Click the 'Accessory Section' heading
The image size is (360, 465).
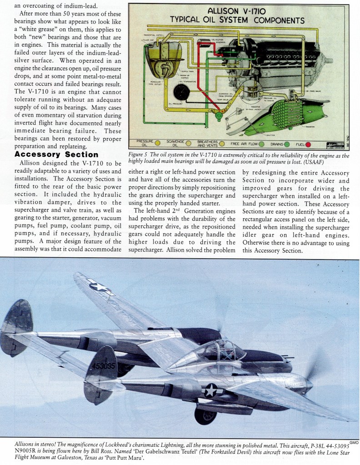point(56,155)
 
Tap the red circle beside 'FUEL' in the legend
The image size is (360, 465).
point(308,144)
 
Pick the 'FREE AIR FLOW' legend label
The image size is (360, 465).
point(245,144)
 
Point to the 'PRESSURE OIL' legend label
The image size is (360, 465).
point(145,144)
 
